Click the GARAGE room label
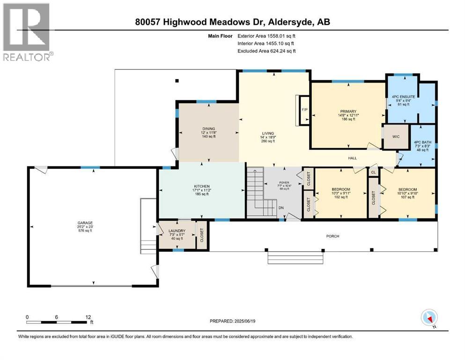(x=85, y=223)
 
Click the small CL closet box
(x=373, y=172)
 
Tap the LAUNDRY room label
(x=177, y=231)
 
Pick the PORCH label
(x=332, y=236)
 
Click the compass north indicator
(x=429, y=318)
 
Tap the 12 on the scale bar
(x=88, y=317)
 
